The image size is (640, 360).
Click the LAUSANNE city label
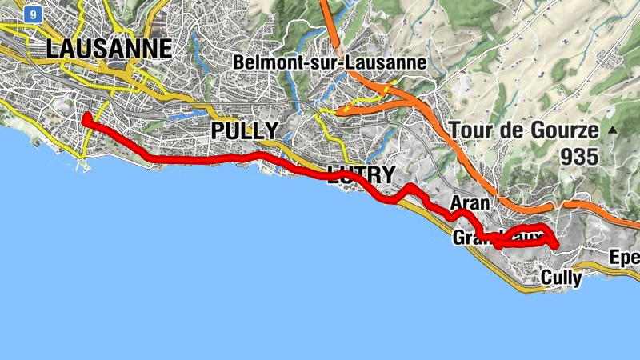click(x=109, y=48)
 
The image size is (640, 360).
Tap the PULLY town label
click(x=244, y=130)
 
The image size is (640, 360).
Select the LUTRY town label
click(x=361, y=175)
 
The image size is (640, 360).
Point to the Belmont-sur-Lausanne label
click(x=330, y=62)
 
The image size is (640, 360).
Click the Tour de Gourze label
click(x=523, y=130)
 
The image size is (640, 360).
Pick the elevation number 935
click(x=579, y=157)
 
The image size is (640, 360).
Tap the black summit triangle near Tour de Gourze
click(x=613, y=130)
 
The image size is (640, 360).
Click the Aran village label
click(x=470, y=203)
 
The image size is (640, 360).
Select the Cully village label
click(x=562, y=277)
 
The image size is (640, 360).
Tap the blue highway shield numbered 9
click(x=32, y=14)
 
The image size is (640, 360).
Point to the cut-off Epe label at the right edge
click(x=624, y=258)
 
